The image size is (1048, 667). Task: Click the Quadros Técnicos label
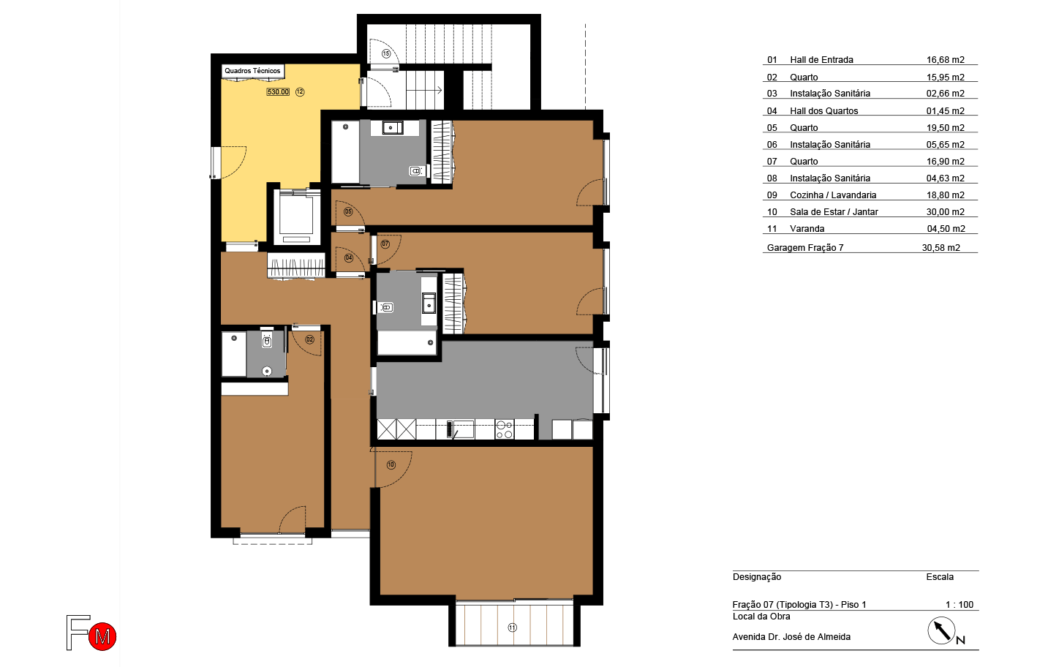(x=252, y=71)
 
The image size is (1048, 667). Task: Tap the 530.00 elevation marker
(x=278, y=92)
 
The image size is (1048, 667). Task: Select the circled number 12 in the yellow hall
(x=300, y=92)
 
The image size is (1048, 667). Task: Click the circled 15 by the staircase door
(x=386, y=54)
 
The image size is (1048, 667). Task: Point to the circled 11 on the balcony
(x=513, y=628)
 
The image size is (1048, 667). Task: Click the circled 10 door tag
(x=391, y=465)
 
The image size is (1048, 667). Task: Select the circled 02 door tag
(x=310, y=339)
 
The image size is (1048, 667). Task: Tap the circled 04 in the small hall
(x=349, y=258)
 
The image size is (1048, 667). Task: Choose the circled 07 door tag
(x=385, y=244)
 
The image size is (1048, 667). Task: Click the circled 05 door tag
(x=348, y=212)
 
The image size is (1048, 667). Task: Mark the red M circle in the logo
(x=102, y=636)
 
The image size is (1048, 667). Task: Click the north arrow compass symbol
(x=941, y=630)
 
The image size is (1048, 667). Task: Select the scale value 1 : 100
(x=959, y=605)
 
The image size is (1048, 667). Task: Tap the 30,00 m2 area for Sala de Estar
(x=945, y=212)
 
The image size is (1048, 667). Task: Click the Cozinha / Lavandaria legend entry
(x=833, y=195)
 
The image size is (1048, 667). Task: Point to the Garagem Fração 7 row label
(x=805, y=248)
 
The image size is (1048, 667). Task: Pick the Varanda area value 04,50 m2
(x=946, y=229)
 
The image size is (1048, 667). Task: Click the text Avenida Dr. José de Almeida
(x=791, y=637)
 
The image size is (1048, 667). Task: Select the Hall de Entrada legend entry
(x=821, y=60)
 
